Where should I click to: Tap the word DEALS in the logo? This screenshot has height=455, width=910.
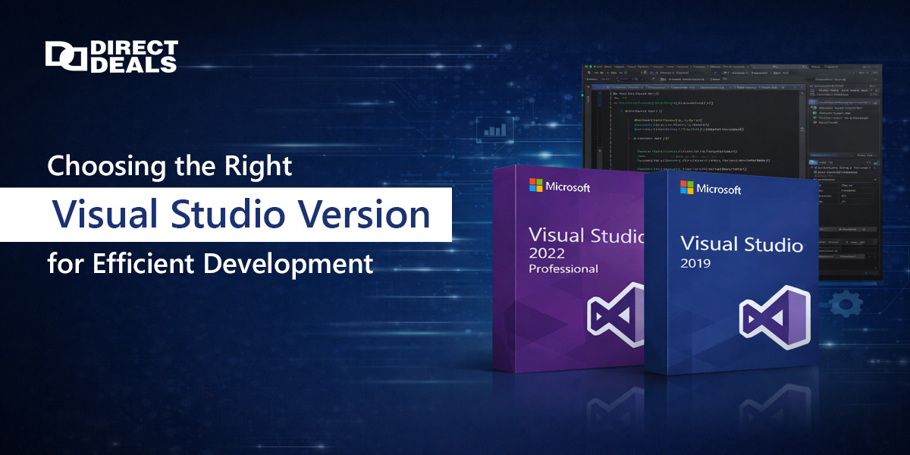(x=133, y=65)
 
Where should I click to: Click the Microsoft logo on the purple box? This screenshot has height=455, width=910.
(x=537, y=186)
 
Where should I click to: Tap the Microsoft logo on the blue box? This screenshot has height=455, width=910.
(x=687, y=188)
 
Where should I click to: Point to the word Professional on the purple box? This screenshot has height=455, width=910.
(x=563, y=269)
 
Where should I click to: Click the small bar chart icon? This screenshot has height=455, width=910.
(x=495, y=129)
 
